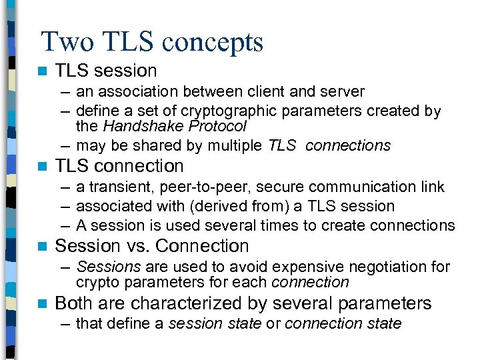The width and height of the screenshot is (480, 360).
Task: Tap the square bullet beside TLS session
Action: coord(43,71)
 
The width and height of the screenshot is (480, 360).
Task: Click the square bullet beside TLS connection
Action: coord(43,166)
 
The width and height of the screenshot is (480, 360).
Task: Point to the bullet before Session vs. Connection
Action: coord(43,247)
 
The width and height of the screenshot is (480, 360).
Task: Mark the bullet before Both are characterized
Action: coord(43,304)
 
